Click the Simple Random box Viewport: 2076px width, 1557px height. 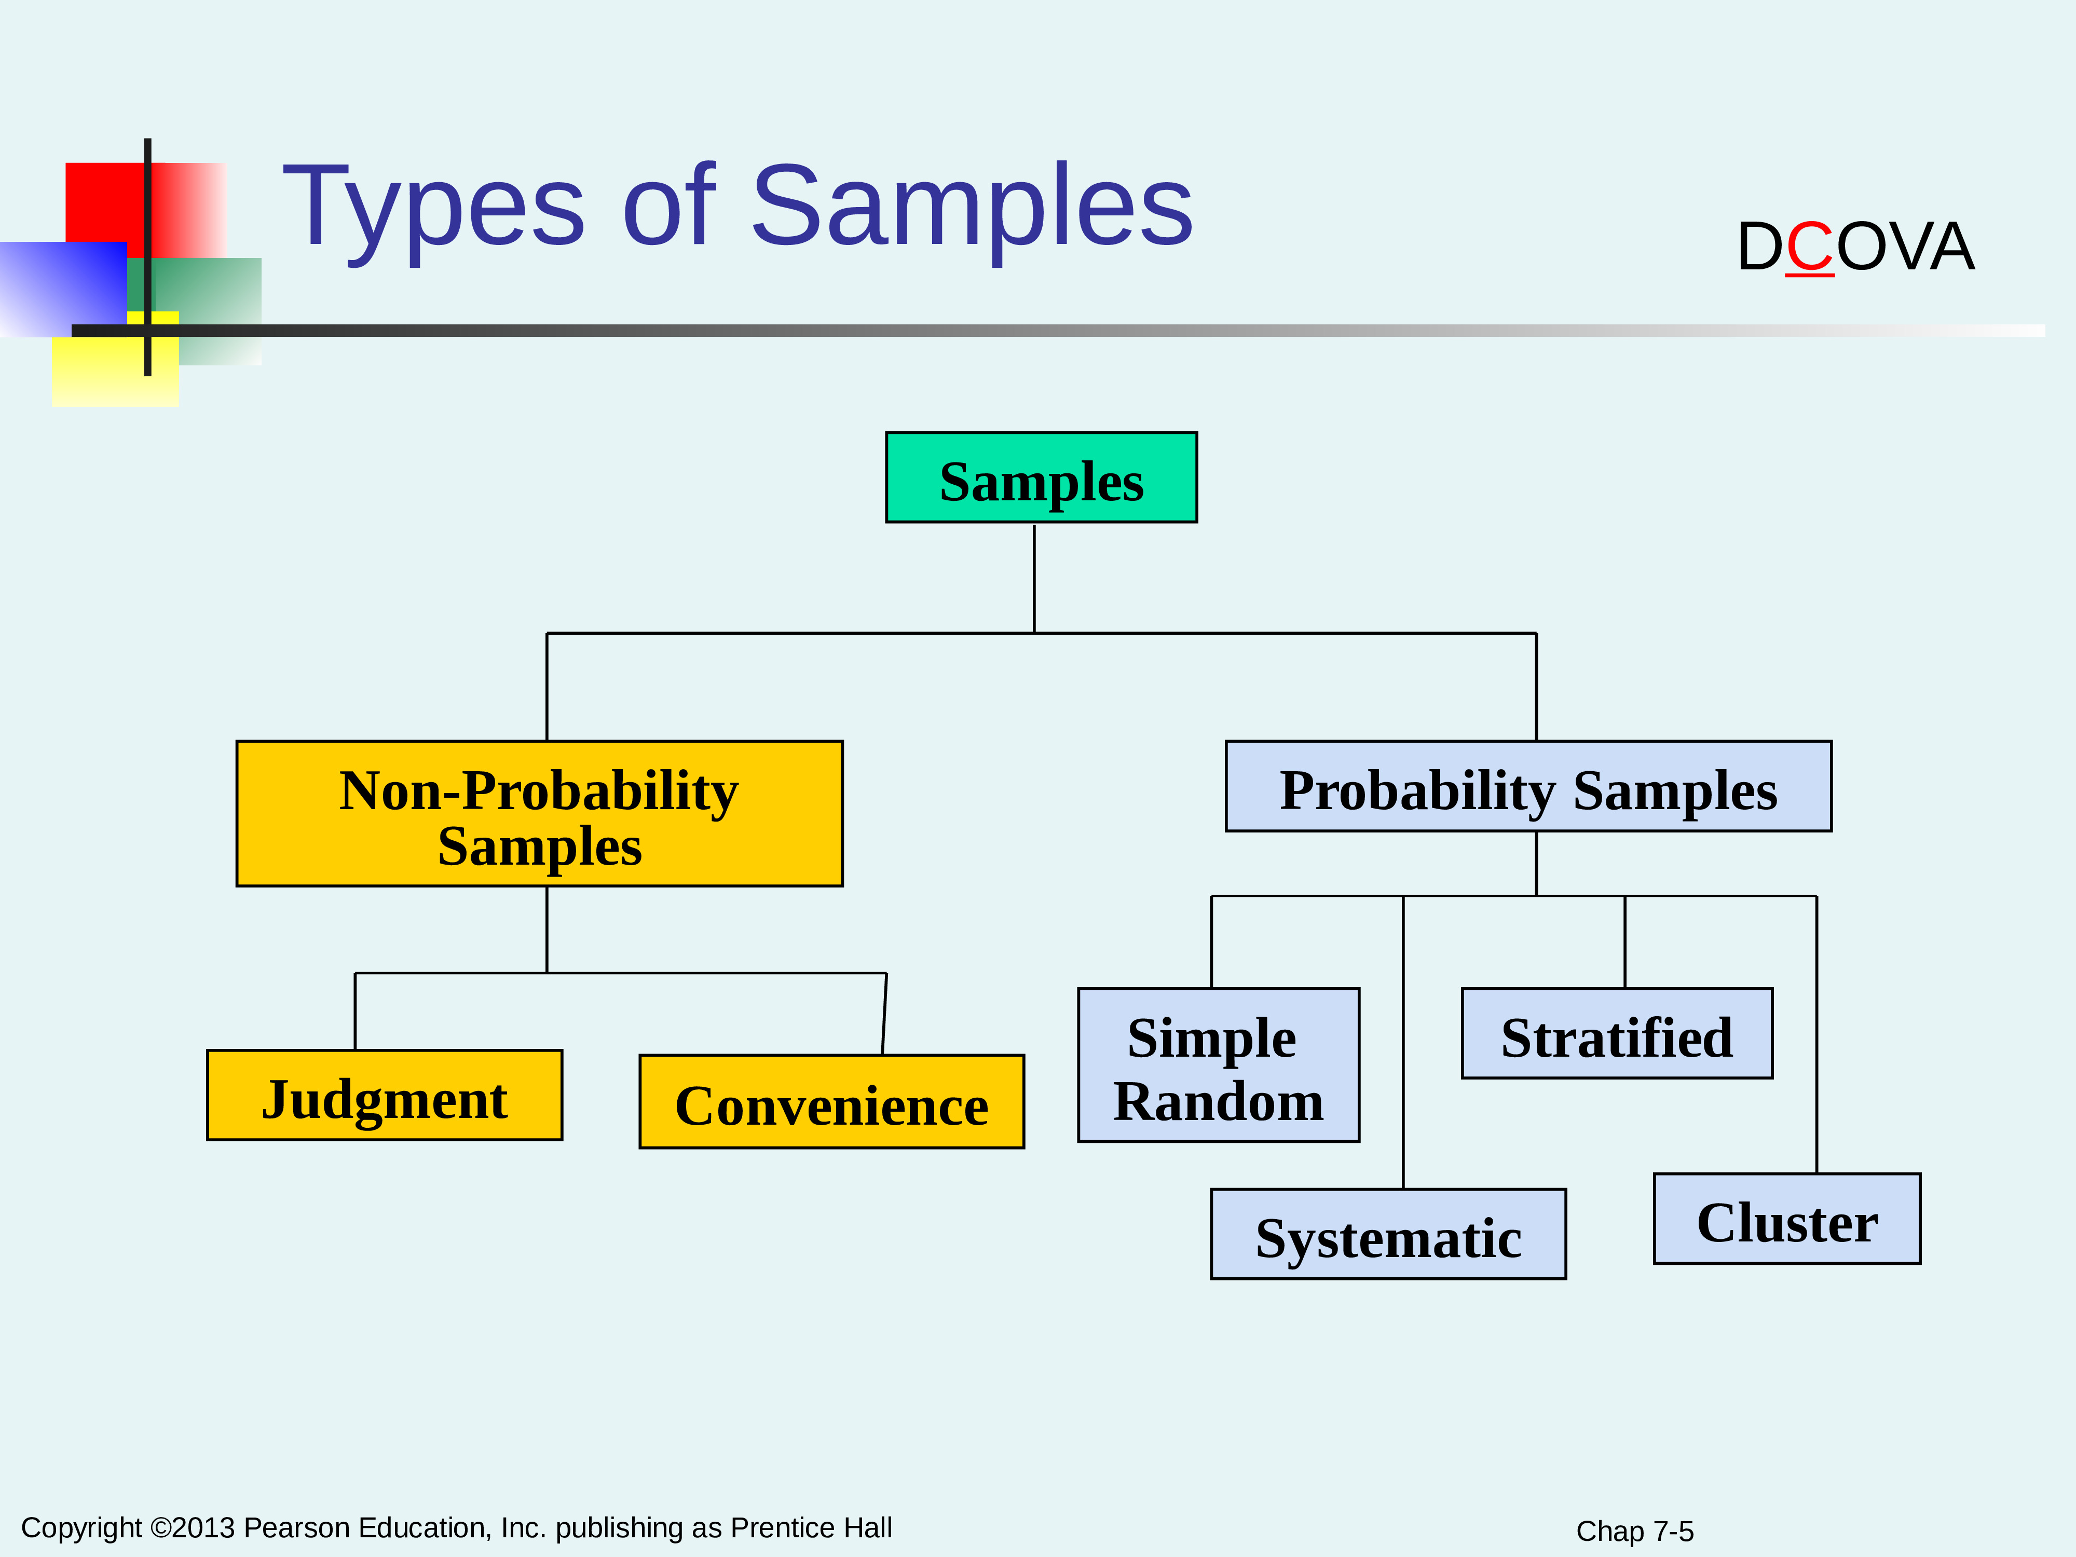pyautogui.click(x=1218, y=1065)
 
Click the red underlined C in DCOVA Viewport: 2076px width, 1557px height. pyautogui.click(x=1809, y=247)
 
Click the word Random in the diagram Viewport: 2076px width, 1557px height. pyautogui.click(x=1218, y=1101)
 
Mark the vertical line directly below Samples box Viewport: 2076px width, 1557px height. pyautogui.click(x=1034, y=578)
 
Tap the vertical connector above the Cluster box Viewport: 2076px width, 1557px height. pyautogui.click(x=1817, y=1034)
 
